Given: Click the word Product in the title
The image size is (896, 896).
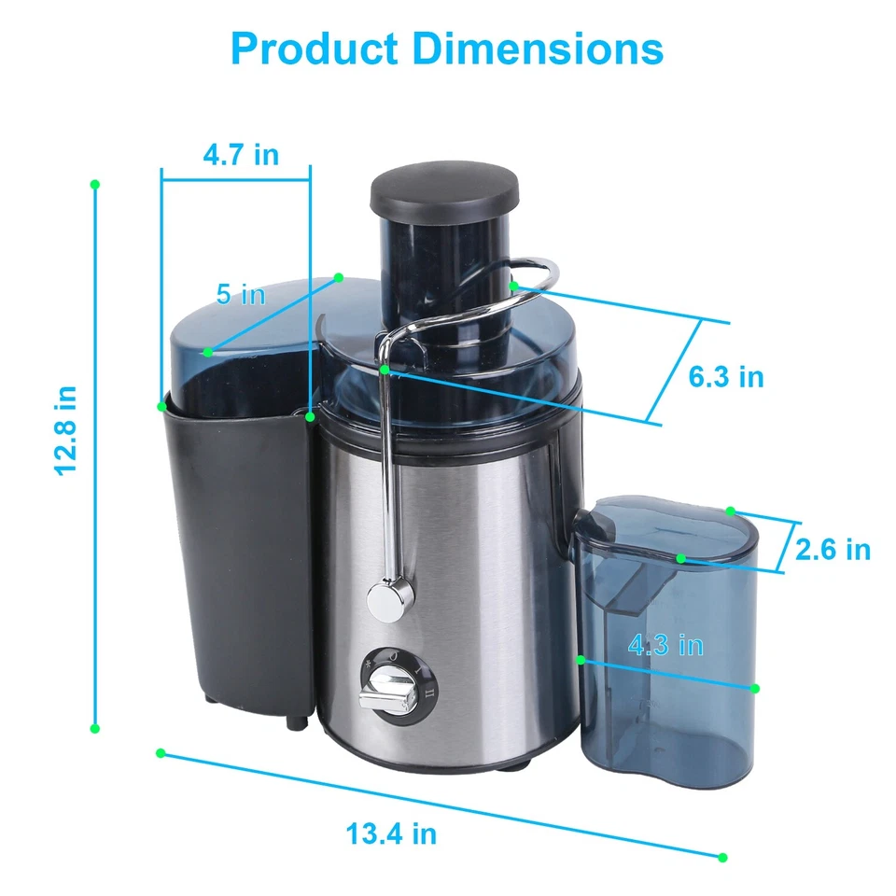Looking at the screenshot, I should pos(314,49).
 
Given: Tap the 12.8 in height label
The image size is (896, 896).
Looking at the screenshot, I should pos(64,430).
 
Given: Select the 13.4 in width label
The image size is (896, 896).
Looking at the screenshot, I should pos(391,833).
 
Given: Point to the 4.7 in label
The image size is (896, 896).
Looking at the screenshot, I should pos(241,154).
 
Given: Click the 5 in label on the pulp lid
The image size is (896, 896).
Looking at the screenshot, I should pos(241,295).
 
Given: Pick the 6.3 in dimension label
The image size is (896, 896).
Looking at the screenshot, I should pos(726,377).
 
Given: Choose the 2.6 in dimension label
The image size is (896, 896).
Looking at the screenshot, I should pos(833,550).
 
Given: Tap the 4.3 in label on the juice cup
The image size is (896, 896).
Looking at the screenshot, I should pos(665,645).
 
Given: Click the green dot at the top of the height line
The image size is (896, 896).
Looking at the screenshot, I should pos(94,185).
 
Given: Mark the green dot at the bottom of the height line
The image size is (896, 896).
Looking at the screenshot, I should pos(94,728).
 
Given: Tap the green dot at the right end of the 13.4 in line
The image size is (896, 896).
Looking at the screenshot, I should pos(722,857).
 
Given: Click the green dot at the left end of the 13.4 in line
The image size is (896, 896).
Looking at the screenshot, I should pos(161,752).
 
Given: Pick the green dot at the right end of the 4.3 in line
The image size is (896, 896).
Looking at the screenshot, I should pos(755,689).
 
